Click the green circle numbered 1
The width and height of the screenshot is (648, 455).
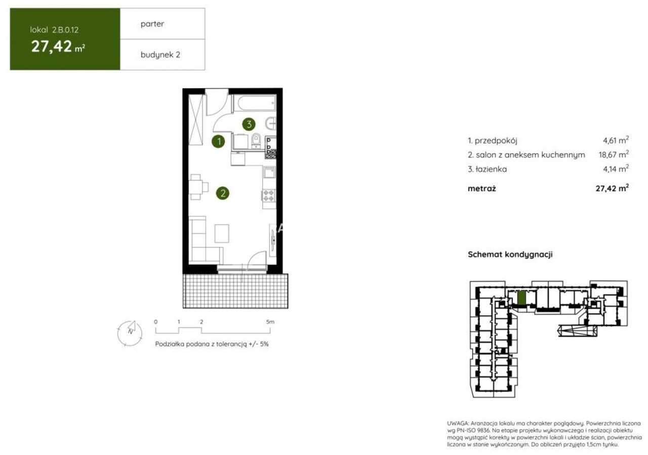(218, 141)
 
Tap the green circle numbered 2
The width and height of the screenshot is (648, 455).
(222, 193)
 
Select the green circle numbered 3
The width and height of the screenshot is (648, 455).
(249, 124)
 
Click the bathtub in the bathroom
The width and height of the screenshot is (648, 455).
(255, 103)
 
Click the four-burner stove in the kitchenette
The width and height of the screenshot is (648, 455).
(269, 195)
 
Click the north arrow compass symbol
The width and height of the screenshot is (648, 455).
(130, 333)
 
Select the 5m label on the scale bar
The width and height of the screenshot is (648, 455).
(270, 322)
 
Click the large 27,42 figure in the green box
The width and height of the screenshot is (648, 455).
(51, 46)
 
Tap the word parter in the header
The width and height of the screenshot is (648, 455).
(152, 24)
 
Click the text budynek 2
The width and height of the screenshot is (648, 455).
(160, 55)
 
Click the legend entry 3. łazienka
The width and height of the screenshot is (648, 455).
(487, 169)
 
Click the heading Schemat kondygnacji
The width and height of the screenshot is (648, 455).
(510, 255)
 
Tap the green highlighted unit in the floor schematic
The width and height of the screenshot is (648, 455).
(521, 298)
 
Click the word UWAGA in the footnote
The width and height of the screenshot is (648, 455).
(457, 424)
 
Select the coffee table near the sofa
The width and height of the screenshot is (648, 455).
(222, 233)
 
